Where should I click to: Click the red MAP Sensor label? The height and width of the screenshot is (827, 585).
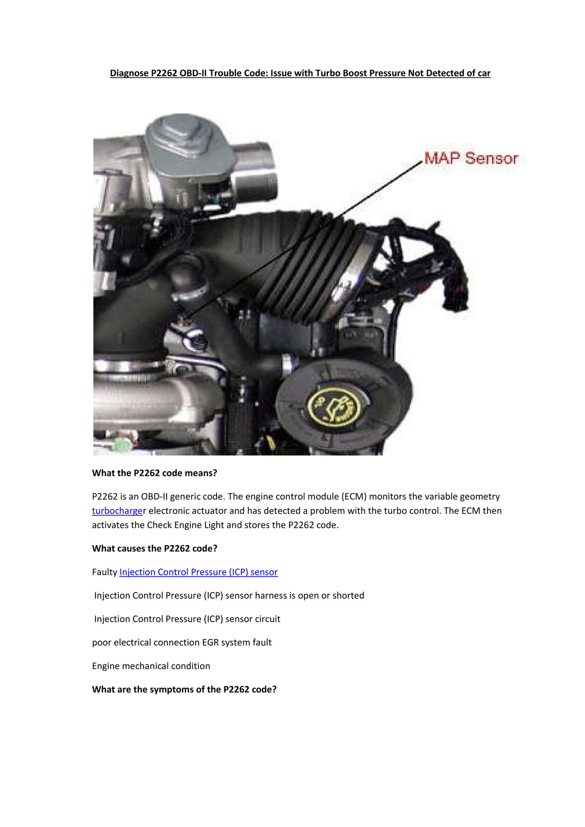pos(471,158)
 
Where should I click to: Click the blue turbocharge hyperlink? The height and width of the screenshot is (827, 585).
pos(117,511)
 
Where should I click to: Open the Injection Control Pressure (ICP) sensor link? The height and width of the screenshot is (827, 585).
pos(198,572)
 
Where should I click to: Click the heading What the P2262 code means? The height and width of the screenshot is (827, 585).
pos(154,473)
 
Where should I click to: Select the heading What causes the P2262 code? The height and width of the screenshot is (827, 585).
pos(154,549)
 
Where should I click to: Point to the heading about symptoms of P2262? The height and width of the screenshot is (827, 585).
pos(184,690)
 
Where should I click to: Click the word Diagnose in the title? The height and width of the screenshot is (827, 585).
pos(129,73)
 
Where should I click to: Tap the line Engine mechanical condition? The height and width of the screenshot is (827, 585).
pos(151,666)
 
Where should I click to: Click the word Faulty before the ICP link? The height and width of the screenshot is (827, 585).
pos(104,572)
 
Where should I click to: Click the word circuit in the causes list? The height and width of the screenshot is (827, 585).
pos(267,619)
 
